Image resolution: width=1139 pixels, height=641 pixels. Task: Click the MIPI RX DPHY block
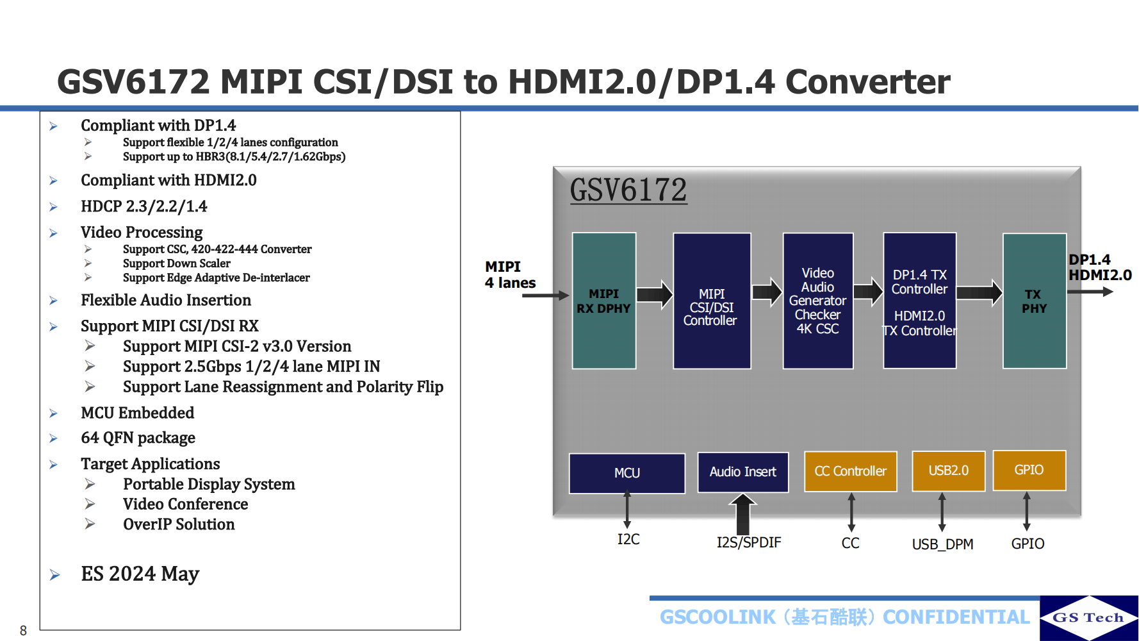603,301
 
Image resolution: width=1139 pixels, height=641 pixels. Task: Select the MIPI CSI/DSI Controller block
711,301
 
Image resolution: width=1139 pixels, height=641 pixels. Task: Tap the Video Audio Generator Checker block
817,301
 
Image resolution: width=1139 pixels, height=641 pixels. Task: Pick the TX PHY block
1034,301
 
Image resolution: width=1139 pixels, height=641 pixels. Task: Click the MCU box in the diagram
627,473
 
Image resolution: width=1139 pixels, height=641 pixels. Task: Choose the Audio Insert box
742,472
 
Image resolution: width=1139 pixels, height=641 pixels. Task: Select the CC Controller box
850,471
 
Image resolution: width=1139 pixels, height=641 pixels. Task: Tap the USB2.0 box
948,470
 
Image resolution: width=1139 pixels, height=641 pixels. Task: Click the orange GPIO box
1029,470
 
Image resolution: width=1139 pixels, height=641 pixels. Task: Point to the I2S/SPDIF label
748,543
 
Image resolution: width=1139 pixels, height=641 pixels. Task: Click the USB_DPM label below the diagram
942,544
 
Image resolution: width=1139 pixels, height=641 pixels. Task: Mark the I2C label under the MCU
628,539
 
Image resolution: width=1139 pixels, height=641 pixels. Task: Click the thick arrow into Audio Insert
742,513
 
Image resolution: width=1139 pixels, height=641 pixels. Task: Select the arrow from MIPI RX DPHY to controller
654,295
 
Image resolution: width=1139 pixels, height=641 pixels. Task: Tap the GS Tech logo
1088,617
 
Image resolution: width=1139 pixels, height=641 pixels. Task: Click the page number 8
23,630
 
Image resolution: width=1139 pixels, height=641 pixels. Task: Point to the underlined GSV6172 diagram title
628,190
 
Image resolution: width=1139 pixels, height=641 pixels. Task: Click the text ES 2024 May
140,574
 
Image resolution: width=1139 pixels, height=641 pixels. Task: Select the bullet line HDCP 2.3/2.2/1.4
143,206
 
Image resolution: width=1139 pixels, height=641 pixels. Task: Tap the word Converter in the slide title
867,82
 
